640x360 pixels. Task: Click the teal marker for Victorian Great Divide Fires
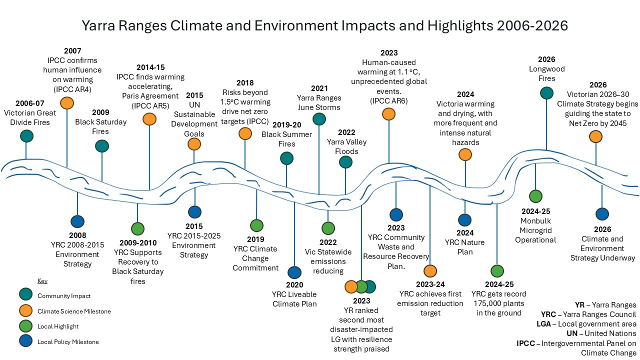pyautogui.click(x=27, y=136)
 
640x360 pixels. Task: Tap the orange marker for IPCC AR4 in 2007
pyautogui.click(x=66, y=103)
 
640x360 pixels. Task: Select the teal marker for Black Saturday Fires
pyautogui.click(x=102, y=145)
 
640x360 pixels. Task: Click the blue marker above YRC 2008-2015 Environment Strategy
pyautogui.click(x=77, y=221)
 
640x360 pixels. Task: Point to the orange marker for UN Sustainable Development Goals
pyautogui.click(x=194, y=144)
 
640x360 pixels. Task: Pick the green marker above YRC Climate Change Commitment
pyautogui.click(x=256, y=225)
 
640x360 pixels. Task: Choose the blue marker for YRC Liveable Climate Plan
pyautogui.click(x=294, y=272)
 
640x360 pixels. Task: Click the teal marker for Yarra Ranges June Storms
pyautogui.click(x=319, y=118)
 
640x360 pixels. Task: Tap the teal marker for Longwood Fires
pyautogui.click(x=546, y=93)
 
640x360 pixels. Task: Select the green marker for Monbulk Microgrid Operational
pyautogui.click(x=535, y=196)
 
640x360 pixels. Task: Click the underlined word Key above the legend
pyautogui.click(x=42, y=281)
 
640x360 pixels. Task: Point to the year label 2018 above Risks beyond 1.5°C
pyautogui.click(x=245, y=83)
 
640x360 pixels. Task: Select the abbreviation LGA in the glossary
pyautogui.click(x=544, y=324)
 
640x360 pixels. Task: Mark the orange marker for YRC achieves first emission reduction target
pyautogui.click(x=430, y=271)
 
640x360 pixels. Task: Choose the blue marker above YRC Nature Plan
pyautogui.click(x=465, y=220)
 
